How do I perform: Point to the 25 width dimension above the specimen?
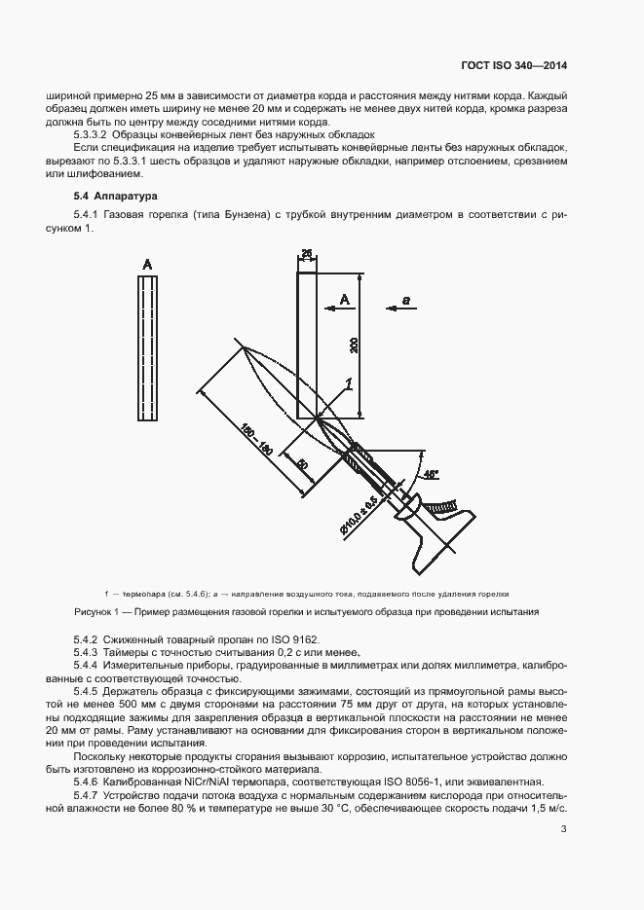tap(306, 255)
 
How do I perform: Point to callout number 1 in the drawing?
tap(348, 387)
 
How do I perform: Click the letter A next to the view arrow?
tap(343, 302)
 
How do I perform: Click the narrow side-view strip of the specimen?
tap(148, 350)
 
